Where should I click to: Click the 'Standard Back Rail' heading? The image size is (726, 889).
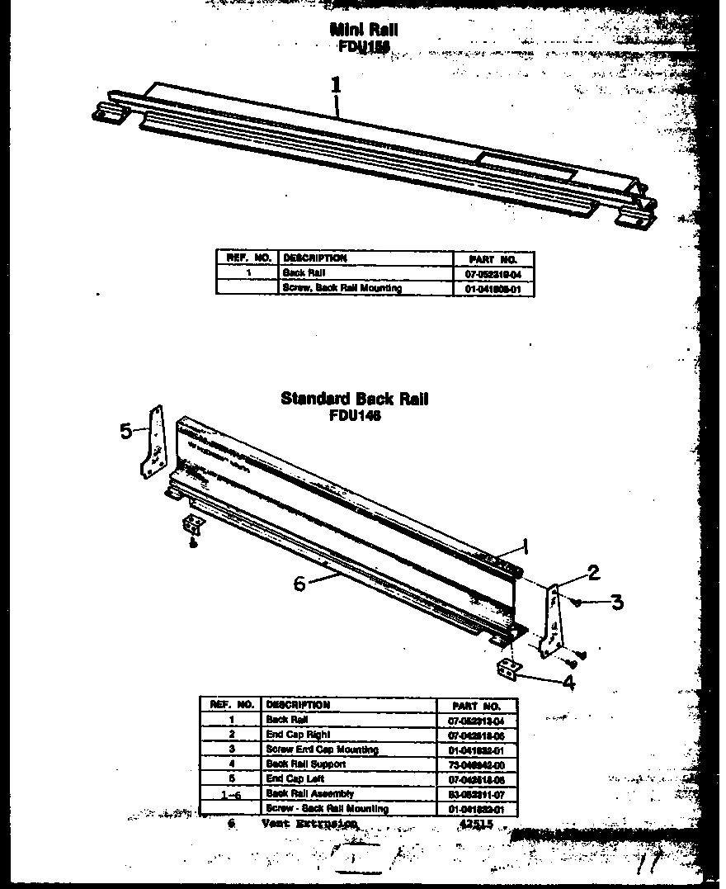(355, 400)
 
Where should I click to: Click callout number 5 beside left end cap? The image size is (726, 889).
(126, 431)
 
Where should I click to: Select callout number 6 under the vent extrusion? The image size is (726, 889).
(299, 583)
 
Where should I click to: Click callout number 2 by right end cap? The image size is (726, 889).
(592, 572)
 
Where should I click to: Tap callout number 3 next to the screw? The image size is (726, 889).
(617, 602)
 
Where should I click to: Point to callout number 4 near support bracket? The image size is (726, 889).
(568, 682)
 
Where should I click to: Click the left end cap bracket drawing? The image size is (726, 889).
(153, 444)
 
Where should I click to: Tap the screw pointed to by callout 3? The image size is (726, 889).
(578, 602)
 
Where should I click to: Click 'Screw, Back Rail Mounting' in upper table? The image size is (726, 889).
(342, 289)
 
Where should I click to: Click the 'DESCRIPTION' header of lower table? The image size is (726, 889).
(297, 705)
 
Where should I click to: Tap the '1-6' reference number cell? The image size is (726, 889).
(232, 795)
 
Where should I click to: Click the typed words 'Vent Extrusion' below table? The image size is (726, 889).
(309, 824)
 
